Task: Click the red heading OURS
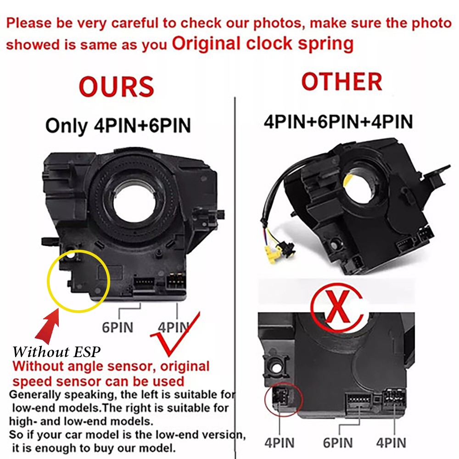pyautogui.click(x=117, y=87)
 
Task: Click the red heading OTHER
pyautogui.click(x=341, y=82)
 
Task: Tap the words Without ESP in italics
pyautogui.click(x=56, y=352)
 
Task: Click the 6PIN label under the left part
pyautogui.click(x=118, y=327)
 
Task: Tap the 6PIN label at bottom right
pyautogui.click(x=338, y=442)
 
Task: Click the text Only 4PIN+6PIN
pyautogui.click(x=118, y=126)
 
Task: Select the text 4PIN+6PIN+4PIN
pyautogui.click(x=338, y=122)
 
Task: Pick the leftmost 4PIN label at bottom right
pyautogui.click(x=279, y=442)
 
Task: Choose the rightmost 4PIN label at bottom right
pyautogui.click(x=391, y=442)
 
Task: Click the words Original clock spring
pyautogui.click(x=263, y=44)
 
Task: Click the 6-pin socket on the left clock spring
pyautogui.click(x=144, y=283)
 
